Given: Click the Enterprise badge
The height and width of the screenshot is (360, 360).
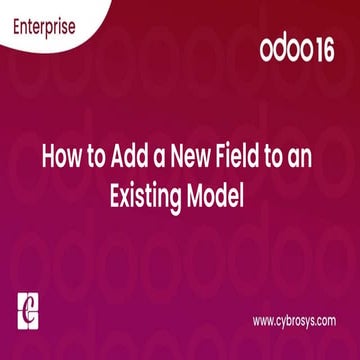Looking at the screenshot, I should tap(43, 26).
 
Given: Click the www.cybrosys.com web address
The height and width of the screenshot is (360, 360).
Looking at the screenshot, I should tap(294, 321).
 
